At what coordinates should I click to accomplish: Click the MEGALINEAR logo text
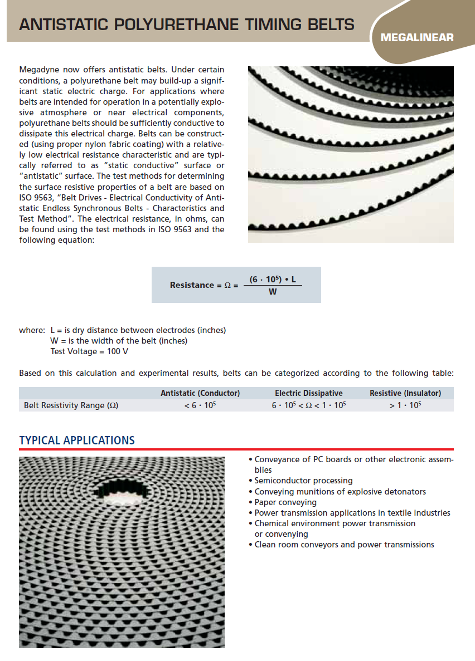tap(417, 38)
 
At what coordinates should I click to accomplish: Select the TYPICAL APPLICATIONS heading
tap(77, 440)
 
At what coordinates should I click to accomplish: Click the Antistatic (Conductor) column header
tap(200, 393)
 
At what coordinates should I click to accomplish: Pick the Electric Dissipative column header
tap(309, 393)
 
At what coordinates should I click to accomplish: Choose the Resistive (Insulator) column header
tap(405, 393)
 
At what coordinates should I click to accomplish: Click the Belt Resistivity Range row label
tap(71, 405)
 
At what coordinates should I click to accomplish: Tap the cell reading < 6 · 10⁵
tap(200, 405)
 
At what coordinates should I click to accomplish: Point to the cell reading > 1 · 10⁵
tap(405, 405)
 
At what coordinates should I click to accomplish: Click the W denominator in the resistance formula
tap(273, 292)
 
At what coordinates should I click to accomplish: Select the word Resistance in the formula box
tap(192, 285)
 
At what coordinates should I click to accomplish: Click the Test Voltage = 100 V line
tap(89, 351)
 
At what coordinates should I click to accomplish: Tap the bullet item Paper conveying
tap(285, 502)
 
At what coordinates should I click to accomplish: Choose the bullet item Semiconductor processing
tap(303, 481)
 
